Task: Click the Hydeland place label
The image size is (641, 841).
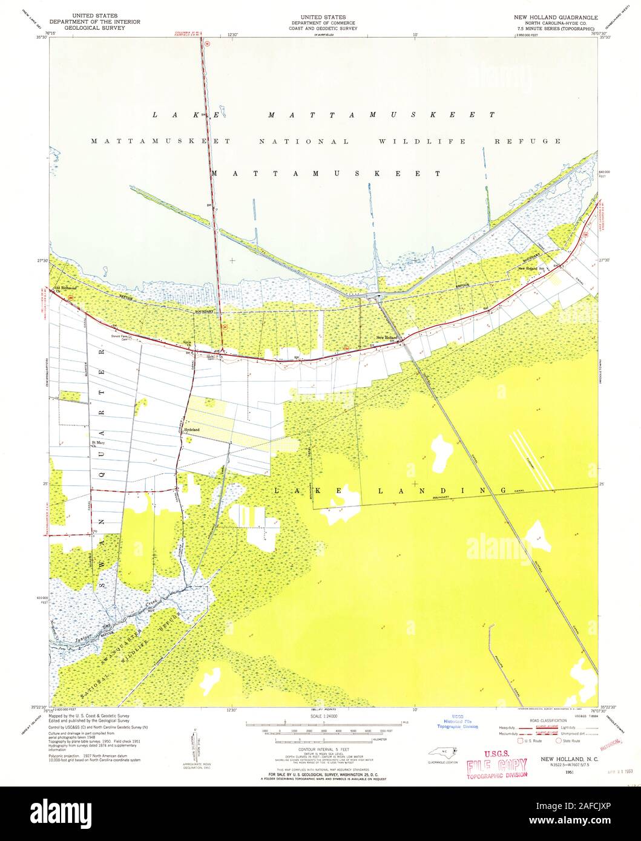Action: click(191, 430)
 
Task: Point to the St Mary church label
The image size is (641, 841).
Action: click(97, 443)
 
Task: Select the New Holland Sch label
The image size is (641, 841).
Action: click(531, 268)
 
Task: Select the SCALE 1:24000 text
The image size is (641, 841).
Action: click(322, 716)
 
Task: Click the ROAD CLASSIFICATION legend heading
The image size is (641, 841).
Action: click(548, 721)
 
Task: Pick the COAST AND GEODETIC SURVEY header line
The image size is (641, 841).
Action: click(322, 27)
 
